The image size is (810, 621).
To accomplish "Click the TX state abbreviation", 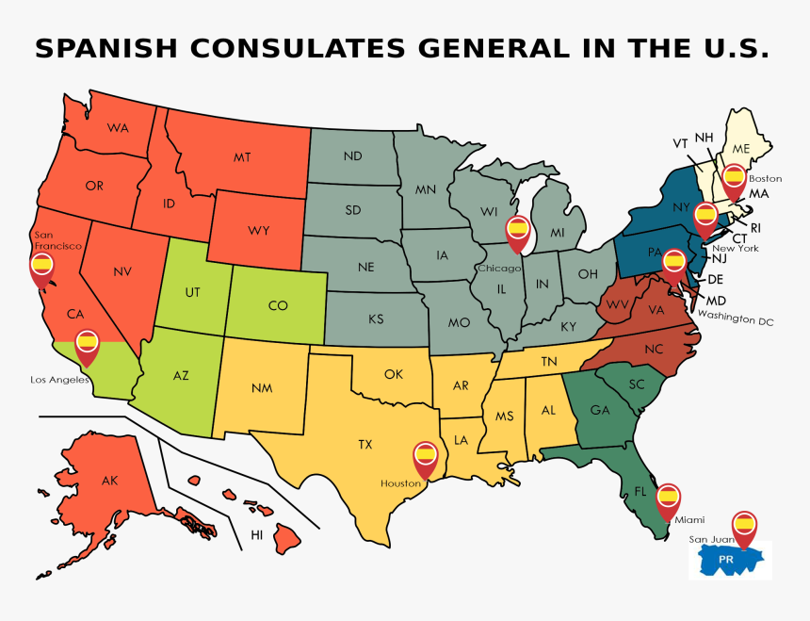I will (x=365, y=443).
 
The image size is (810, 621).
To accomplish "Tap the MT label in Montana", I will (x=242, y=158).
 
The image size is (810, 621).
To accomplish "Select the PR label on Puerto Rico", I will (x=725, y=559).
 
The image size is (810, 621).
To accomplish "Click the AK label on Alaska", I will (x=110, y=481).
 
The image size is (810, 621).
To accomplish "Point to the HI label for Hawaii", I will (x=256, y=535).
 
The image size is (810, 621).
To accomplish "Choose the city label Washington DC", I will (x=735, y=320).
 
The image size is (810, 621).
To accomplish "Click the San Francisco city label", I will (x=57, y=239).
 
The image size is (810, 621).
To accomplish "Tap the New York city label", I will (x=735, y=249).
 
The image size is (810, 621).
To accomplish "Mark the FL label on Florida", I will (x=640, y=492).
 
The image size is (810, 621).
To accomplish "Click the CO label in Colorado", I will (x=278, y=305).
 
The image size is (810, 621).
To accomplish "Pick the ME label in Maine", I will (x=741, y=149).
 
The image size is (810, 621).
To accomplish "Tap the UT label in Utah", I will (x=192, y=293).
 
